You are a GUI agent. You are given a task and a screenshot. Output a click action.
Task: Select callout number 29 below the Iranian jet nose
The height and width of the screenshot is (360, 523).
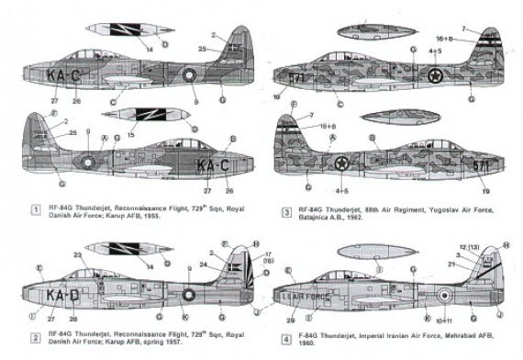(x=291, y=319)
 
